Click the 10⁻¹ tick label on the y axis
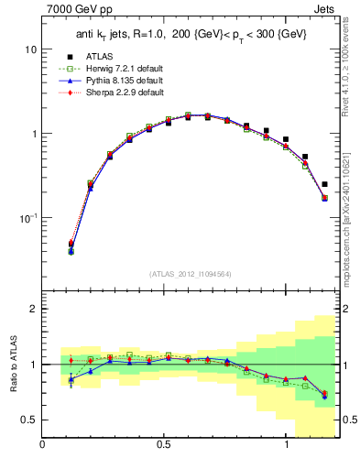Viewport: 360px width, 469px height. tap(27, 218)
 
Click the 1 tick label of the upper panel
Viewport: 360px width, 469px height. tap(33, 134)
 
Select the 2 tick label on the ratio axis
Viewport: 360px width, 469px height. tap(33, 309)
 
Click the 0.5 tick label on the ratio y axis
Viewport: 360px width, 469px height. tap(29, 420)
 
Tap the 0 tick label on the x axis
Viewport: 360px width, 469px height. tap(43, 445)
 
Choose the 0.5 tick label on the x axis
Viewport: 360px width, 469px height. tap(164, 445)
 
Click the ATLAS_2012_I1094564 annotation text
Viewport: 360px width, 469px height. tap(191, 274)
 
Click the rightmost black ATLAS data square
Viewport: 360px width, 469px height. tap(324, 184)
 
